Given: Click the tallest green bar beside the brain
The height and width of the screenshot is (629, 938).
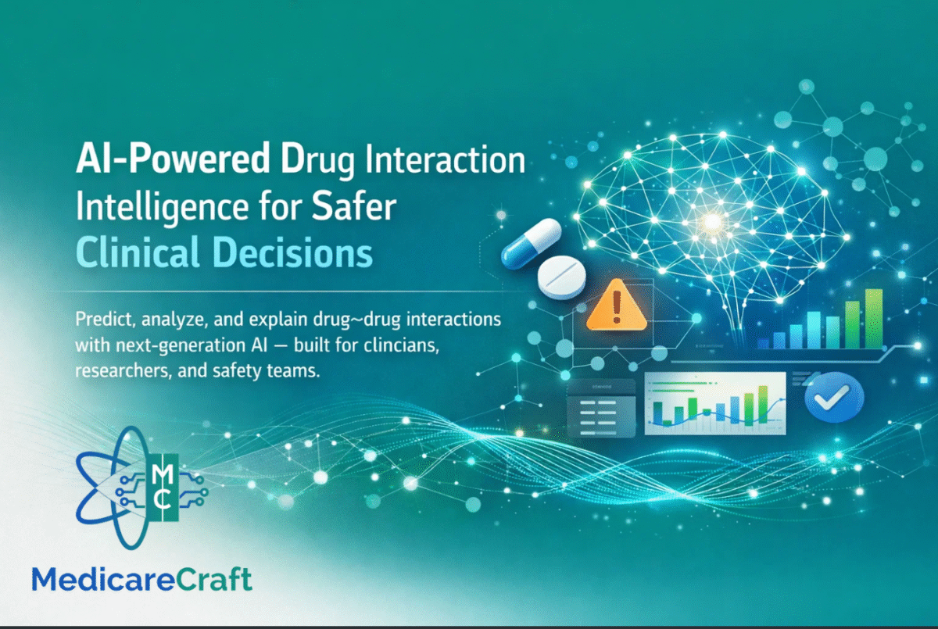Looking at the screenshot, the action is tap(873, 317).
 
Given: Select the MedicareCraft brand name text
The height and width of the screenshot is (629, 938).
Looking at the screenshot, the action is tap(141, 579).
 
